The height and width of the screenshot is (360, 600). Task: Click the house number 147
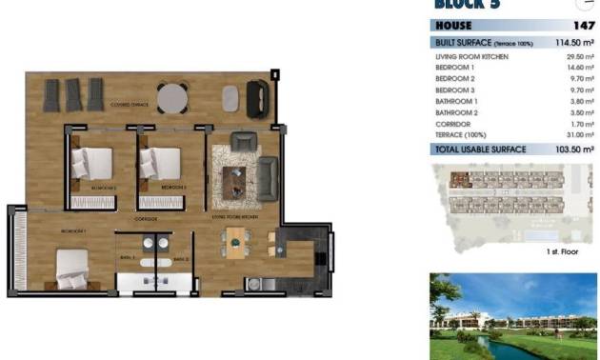click(583, 26)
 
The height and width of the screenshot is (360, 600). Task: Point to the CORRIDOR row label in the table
click(451, 124)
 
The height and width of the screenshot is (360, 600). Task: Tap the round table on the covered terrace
click(171, 97)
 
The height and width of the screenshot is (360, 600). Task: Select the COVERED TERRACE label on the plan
click(130, 105)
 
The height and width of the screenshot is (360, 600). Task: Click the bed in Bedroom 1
click(72, 268)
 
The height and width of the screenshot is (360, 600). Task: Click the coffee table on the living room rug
click(233, 175)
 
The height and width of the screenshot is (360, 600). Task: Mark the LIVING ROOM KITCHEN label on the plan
click(234, 218)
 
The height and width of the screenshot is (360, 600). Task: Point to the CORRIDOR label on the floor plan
click(146, 218)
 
